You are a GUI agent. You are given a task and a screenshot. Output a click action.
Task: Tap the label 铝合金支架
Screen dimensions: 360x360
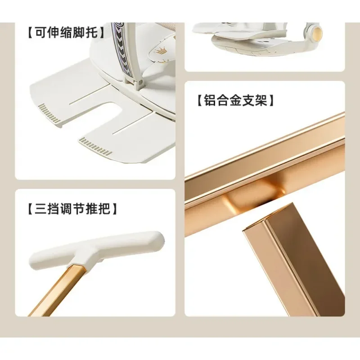click(236, 100)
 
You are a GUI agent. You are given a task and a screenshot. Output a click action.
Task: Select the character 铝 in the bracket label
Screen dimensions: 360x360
click(210, 100)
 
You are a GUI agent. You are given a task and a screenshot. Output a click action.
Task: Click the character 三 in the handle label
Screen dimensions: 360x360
click(40, 209)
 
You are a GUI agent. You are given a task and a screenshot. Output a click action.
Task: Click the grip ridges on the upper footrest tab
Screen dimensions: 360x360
click(49, 114)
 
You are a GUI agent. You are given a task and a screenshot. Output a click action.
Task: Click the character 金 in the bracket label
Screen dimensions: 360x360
click(236, 100)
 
